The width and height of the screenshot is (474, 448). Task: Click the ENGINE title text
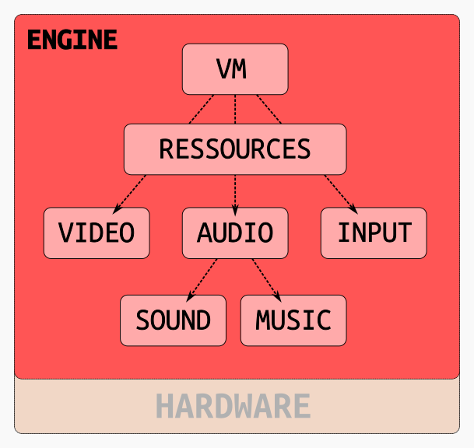72,40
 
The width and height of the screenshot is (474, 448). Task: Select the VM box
235,69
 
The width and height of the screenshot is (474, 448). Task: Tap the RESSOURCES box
235,149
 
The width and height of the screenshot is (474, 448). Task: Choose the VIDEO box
97,233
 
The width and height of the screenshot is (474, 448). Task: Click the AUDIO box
235,233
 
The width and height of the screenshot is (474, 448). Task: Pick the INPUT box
374,233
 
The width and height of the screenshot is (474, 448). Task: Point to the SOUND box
173,320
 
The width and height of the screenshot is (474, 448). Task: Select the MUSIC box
293,320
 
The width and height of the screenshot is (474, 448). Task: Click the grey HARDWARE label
233,407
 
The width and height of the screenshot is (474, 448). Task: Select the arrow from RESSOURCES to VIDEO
131,191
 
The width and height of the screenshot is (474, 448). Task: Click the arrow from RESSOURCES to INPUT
339,191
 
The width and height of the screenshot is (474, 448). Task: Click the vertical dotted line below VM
235,109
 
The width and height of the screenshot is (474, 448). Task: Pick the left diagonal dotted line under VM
201,109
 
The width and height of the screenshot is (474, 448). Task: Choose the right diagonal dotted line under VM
269,109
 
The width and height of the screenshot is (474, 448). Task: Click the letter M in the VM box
241,69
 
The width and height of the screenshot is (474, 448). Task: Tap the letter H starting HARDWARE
163,407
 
